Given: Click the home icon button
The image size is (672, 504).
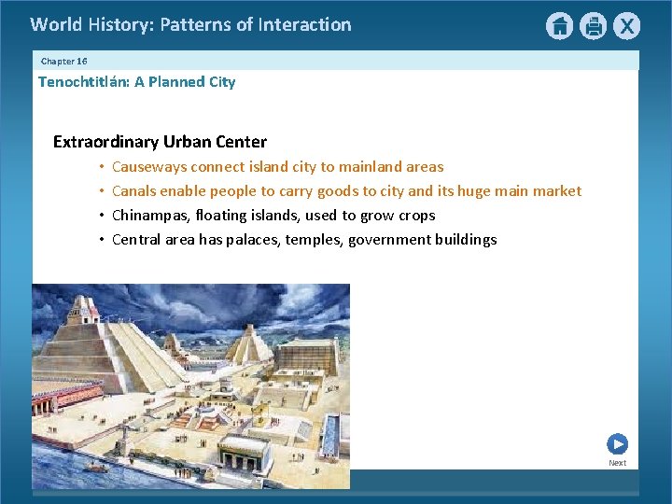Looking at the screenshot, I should (559, 26).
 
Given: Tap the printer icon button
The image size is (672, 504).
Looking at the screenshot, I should (593, 26).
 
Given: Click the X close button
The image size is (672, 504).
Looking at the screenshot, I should (626, 26).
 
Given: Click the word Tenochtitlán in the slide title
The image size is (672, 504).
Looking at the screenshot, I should (83, 82).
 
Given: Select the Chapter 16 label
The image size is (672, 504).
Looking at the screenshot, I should (63, 61).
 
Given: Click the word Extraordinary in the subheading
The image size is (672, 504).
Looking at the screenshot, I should (105, 142).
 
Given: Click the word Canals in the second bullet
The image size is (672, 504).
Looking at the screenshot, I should (133, 191).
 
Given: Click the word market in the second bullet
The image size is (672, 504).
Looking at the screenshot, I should (556, 191).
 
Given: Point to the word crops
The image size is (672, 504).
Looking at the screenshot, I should (416, 216).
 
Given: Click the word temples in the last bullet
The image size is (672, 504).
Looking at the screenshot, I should (315, 240).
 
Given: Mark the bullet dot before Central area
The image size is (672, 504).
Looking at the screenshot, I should (100, 240).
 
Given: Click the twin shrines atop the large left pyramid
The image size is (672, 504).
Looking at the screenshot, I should (85, 309).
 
